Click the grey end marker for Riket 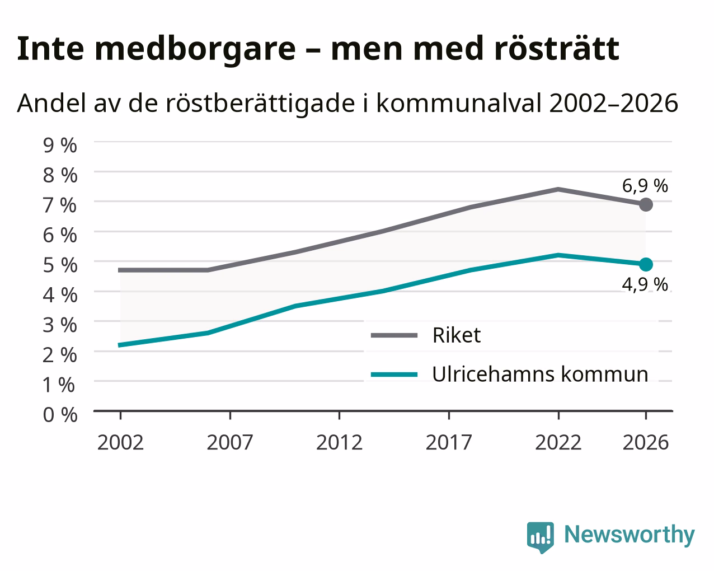pos(646,204)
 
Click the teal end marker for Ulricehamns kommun pos(646,264)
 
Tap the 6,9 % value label pos(645,186)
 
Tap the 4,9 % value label pos(645,284)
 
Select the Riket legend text pos(457,335)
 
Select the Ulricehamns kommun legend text pos(540,374)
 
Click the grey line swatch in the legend pos(394,335)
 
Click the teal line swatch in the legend pos(394,375)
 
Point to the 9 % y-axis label pos(60,146)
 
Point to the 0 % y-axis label pos(60,415)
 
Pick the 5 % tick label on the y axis pos(60,265)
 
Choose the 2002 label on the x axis pos(120,442)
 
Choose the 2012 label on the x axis pos(339,442)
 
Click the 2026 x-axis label pos(646,442)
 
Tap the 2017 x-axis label pos(449,442)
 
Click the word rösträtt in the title pos(557,49)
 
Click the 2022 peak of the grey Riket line pos(558,189)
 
